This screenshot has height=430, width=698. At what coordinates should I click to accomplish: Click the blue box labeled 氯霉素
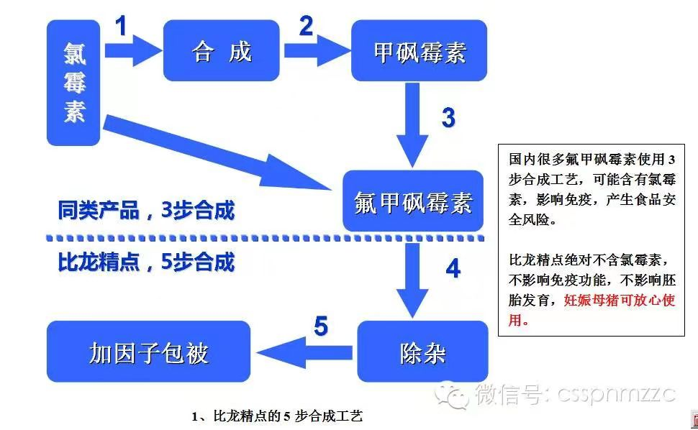[x=73, y=82]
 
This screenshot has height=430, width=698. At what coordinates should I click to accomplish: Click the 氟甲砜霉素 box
[x=412, y=201]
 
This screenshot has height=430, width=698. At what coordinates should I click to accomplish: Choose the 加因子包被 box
[x=148, y=352]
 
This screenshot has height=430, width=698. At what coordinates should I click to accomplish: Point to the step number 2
[x=306, y=27]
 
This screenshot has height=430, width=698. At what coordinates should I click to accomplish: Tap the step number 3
[x=448, y=117]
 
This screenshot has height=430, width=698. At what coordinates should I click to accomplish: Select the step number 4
[x=453, y=268]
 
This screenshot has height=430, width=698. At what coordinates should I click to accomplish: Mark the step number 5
[x=321, y=327]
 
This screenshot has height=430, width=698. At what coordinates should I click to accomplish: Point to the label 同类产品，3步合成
[x=146, y=211]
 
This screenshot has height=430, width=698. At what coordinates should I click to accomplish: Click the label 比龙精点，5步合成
[x=146, y=262]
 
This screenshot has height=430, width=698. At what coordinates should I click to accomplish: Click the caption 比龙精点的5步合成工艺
[x=276, y=416]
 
